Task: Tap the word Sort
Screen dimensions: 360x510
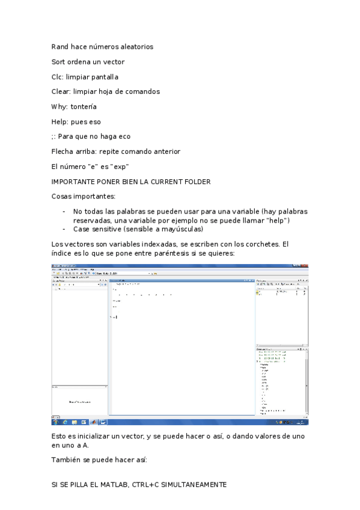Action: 59,61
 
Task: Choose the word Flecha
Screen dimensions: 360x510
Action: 63,152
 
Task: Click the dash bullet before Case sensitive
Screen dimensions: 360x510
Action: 64,229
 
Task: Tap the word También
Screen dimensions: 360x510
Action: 66,459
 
